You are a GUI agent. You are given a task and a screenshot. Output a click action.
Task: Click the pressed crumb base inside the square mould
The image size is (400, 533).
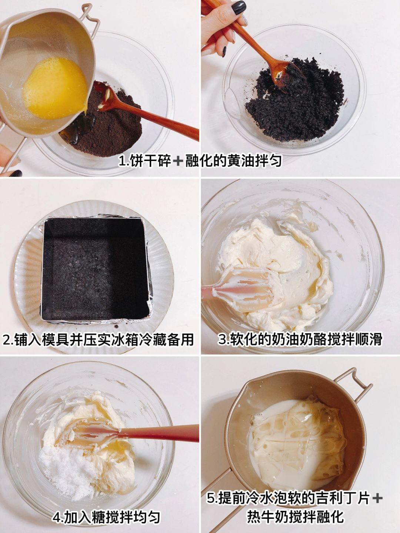tap(95, 269)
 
